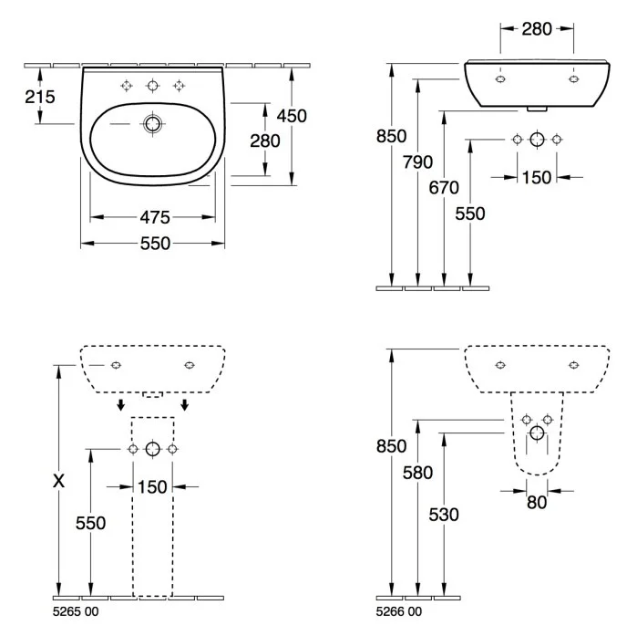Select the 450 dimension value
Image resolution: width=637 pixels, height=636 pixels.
point(292,116)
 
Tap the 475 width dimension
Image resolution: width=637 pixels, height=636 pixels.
point(154,217)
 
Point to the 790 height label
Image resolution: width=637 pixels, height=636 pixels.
point(417,162)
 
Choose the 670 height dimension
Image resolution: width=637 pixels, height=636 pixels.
point(444,188)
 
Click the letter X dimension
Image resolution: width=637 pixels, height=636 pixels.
point(58,481)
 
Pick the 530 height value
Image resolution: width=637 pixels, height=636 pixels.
point(444,516)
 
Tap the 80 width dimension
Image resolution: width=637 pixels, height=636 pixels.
point(538,502)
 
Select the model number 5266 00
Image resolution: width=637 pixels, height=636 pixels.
point(402,611)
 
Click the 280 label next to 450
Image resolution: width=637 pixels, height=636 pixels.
point(265,141)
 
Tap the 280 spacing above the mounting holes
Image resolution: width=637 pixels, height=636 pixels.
point(537,29)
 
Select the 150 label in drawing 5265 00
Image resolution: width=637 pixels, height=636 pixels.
point(152,486)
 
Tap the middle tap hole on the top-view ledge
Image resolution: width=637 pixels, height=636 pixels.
point(153,86)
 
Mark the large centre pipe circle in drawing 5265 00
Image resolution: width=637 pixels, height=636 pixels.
point(152,449)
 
